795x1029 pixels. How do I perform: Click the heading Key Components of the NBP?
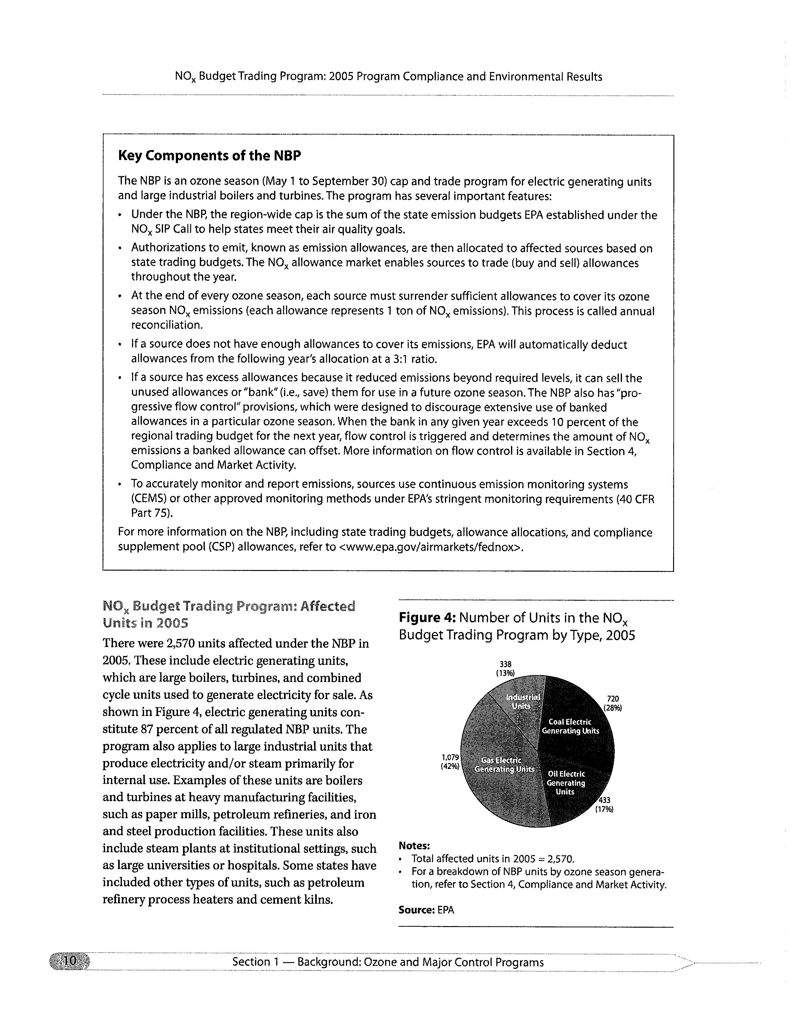[x=209, y=156]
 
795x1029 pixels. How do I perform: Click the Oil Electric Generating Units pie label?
[x=566, y=783]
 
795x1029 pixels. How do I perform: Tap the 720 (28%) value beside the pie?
[x=613, y=703]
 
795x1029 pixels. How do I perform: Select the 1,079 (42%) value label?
[x=450, y=761]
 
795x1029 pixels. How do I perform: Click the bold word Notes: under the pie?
[x=414, y=845]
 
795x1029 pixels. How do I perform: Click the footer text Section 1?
[x=254, y=962]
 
